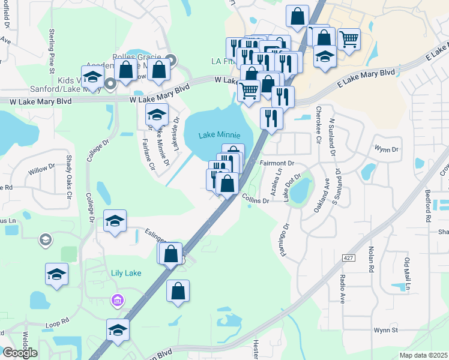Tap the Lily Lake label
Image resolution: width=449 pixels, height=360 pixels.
pos(126,273)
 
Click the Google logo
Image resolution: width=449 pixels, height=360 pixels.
pos(20,353)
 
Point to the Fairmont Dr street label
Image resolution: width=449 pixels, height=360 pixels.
pos(277,163)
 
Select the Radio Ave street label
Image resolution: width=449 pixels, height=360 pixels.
pos(342,289)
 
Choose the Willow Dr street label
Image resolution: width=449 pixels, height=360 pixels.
pos(41,170)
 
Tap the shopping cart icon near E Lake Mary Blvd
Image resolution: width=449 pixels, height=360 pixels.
pos(349,40)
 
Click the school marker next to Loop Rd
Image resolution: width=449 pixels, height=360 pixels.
pos(118,330)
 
